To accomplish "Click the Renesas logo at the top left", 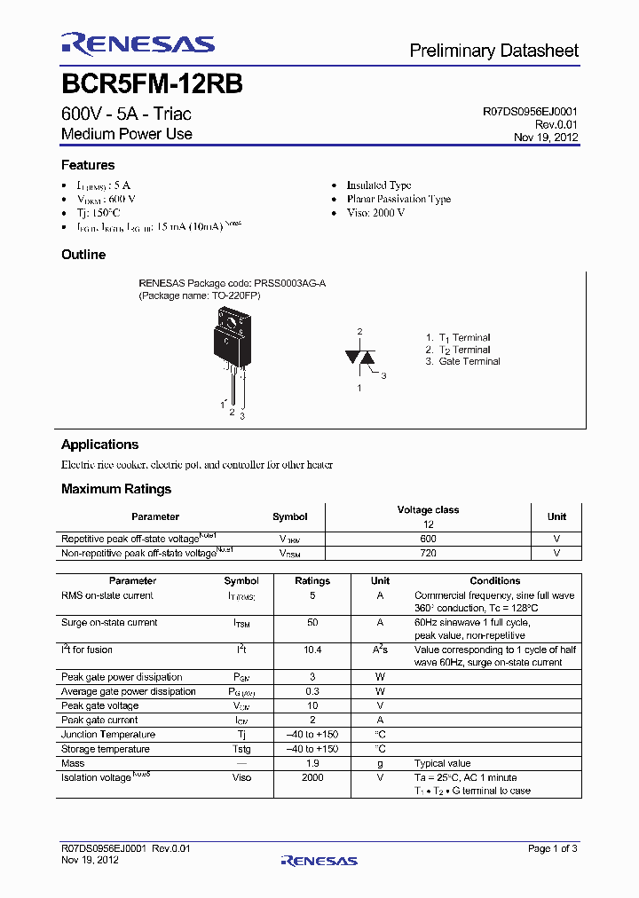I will pyautogui.click(x=138, y=44).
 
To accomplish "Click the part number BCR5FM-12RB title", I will pyautogui.click(x=152, y=84).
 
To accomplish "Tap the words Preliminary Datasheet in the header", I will pyautogui.click(x=493, y=51).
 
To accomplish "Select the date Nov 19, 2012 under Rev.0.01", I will pyautogui.click(x=546, y=138).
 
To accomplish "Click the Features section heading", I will pyautogui.click(x=88, y=165).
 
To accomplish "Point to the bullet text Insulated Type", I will pyautogui.click(x=379, y=185).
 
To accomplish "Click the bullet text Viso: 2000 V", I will pyautogui.click(x=375, y=213).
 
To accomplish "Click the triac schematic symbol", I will pyautogui.click(x=360, y=357).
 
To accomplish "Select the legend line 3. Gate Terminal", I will pyautogui.click(x=462, y=361).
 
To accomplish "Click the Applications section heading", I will pyautogui.click(x=99, y=445).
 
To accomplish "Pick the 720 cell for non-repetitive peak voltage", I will pyautogui.click(x=428, y=553).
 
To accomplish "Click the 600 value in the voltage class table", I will pyautogui.click(x=428, y=539).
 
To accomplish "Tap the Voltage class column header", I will pyautogui.click(x=428, y=510).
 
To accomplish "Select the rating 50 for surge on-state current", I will pyautogui.click(x=312, y=623).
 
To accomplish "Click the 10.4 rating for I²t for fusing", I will pyautogui.click(x=312, y=650).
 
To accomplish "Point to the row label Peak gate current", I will pyautogui.click(x=99, y=720).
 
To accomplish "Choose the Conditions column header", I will pyautogui.click(x=494, y=581).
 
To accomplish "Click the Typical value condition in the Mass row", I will pyautogui.click(x=442, y=763).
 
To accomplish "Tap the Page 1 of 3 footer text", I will pyautogui.click(x=552, y=848).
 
